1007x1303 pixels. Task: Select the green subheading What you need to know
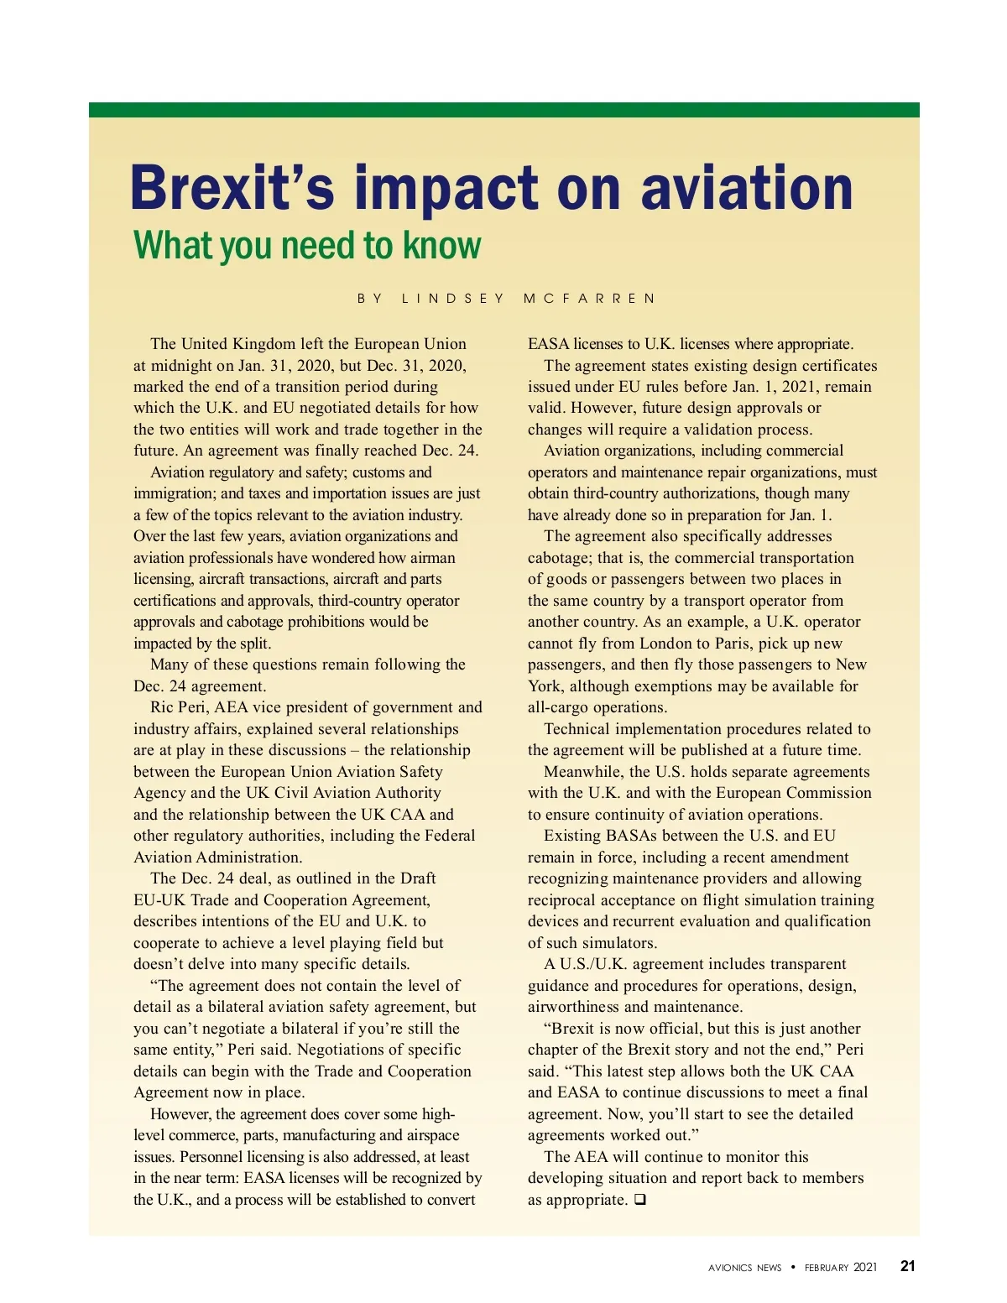click(307, 246)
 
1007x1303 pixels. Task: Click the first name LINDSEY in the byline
click(453, 299)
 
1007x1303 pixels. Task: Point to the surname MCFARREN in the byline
click(589, 299)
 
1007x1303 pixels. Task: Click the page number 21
click(907, 1266)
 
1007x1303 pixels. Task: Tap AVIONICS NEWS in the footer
click(744, 1268)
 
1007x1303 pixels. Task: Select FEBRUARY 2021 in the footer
click(840, 1268)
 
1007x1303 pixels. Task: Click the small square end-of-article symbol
click(640, 1200)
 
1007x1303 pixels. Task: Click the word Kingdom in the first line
click(273, 344)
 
